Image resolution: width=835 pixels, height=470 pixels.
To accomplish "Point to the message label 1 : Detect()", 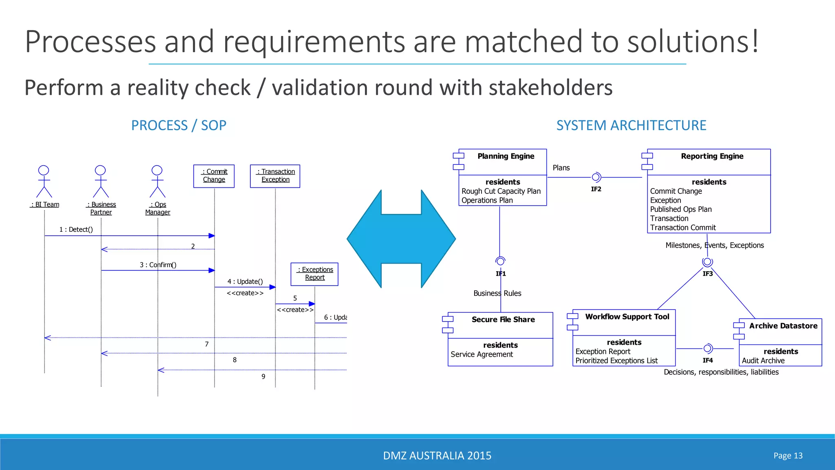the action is click(x=76, y=229).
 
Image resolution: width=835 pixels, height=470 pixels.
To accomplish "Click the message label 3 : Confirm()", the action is click(x=158, y=265).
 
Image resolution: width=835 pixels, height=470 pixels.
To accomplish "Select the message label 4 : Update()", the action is click(x=245, y=282).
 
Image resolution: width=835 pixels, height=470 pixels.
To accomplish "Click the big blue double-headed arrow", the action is click(x=401, y=239).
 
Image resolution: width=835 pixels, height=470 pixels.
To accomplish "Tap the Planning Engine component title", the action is click(x=506, y=156).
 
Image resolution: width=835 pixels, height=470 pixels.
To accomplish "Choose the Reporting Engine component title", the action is click(x=712, y=156).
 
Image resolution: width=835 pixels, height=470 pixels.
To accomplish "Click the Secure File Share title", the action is click(x=504, y=319).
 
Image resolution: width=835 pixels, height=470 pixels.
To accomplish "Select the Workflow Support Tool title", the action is click(x=627, y=317).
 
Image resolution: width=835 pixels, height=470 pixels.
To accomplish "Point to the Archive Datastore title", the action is click(x=783, y=326).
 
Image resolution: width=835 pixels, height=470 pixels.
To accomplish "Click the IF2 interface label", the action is click(x=596, y=189).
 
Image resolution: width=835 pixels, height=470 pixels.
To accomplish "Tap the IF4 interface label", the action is click(x=708, y=360).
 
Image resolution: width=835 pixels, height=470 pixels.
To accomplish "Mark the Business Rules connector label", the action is click(x=497, y=293).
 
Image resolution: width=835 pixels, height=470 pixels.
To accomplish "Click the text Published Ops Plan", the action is click(x=681, y=209).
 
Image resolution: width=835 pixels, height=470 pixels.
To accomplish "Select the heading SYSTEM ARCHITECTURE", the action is click(x=631, y=125).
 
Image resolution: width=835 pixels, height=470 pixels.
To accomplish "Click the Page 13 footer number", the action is click(x=788, y=456).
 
